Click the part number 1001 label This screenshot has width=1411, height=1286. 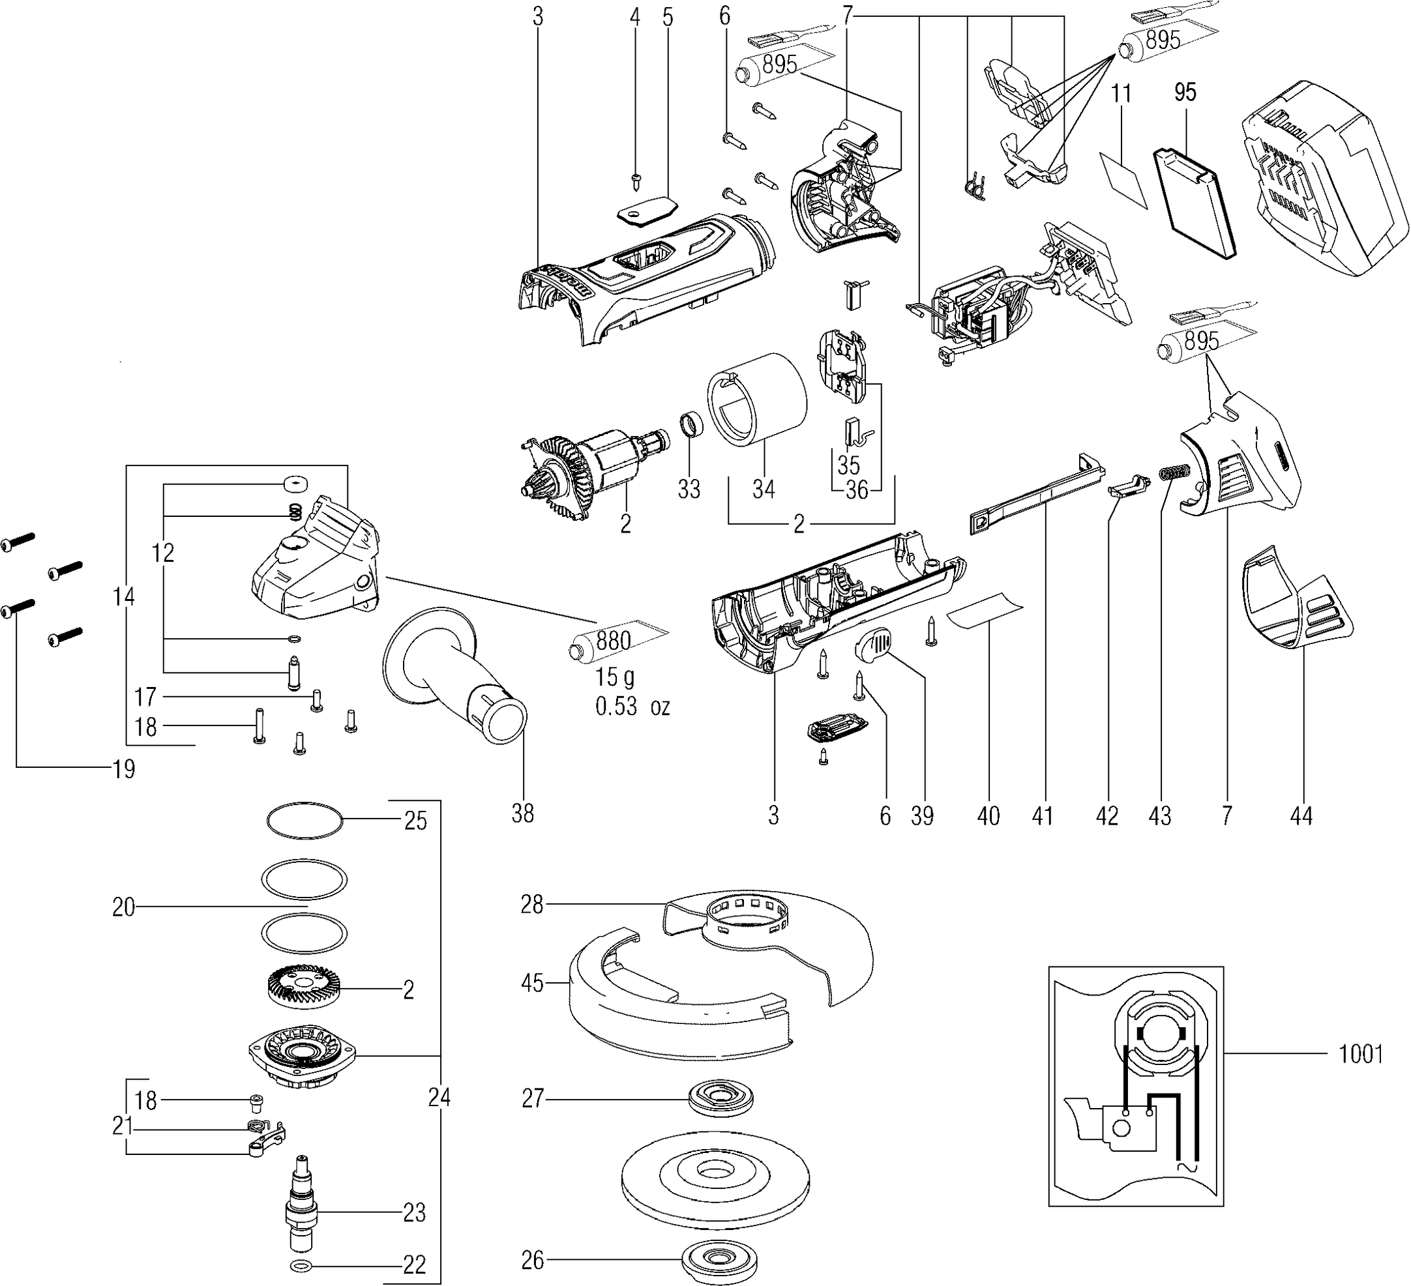pyautogui.click(x=1361, y=1054)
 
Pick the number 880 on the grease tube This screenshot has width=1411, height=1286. pyautogui.click(x=614, y=640)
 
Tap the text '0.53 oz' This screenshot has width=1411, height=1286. pyautogui.click(x=632, y=707)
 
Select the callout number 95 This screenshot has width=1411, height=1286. pyautogui.click(x=1185, y=93)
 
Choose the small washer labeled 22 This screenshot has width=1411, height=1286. pyautogui.click(x=302, y=1265)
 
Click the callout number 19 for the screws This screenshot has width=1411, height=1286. pyautogui.click(x=124, y=770)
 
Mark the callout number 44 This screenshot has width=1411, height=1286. pyautogui.click(x=1300, y=815)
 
